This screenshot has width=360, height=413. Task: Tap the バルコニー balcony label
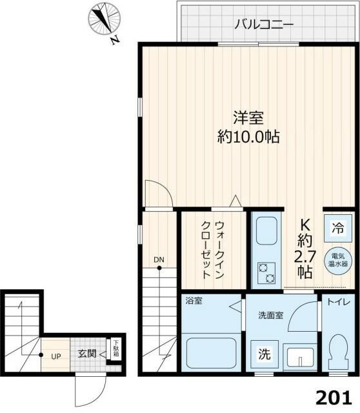pos(264,25)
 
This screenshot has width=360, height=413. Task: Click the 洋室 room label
pos(248,119)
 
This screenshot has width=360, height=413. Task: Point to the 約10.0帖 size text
pos(248,137)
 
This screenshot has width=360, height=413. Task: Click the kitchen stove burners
pos(266,274)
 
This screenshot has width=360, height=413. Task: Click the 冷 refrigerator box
pos(337,227)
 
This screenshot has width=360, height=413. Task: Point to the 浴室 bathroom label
pos(194,301)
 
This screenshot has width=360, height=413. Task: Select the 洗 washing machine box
pos(265,354)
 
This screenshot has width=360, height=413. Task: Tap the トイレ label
pos(337,301)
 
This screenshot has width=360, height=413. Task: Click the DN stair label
pos(159,261)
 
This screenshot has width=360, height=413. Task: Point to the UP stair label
pos(56,356)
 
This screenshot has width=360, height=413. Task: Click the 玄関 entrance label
pos(88,354)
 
